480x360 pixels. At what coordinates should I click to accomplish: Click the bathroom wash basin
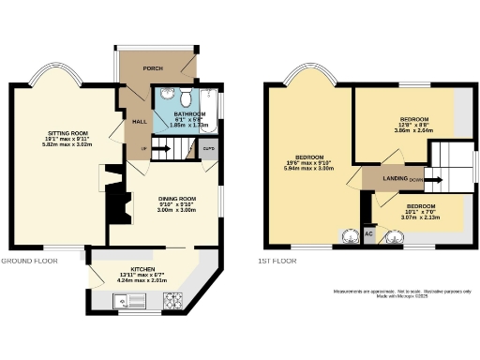(165, 94)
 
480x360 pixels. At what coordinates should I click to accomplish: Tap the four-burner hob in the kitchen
(172, 302)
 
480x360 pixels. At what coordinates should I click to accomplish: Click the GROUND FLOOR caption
(29, 260)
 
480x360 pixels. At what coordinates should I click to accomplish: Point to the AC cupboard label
(368, 232)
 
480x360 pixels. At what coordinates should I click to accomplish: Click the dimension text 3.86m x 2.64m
(413, 132)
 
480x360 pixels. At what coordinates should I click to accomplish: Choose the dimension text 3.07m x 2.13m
(425, 217)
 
